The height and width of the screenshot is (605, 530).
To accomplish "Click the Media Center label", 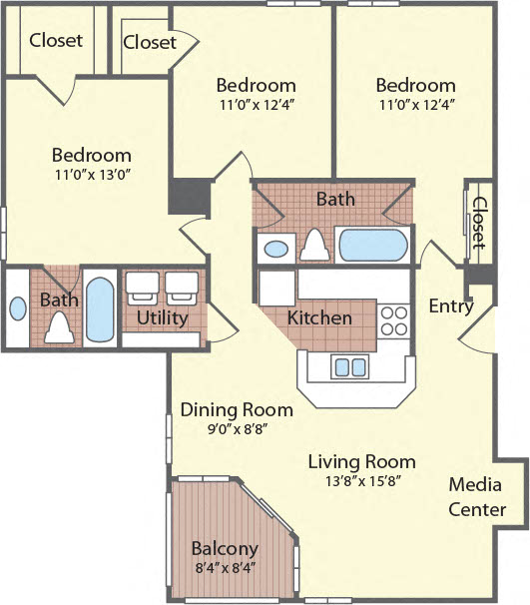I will pos(476,497).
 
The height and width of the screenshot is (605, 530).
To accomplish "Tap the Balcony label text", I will pos(225,548).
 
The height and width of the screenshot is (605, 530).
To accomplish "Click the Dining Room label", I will pos(237,409).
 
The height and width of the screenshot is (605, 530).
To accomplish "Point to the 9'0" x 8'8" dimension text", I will pos(237,428).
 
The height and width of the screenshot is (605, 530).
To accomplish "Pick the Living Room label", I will pos(361,461).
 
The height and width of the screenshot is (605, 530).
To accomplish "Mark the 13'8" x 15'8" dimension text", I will pos(361,480).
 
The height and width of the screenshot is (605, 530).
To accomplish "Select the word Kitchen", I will pos(319,318).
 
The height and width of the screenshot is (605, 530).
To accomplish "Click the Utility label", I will pos(162,318).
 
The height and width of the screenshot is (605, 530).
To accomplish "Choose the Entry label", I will pos(450,306).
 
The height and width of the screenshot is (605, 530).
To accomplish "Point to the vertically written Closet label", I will pos(479,223).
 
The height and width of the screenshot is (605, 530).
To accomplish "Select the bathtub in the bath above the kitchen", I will pos(372,245).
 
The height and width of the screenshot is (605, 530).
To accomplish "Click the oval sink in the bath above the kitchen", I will pos(274,248).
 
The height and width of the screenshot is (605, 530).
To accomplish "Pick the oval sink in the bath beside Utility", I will pos(18,308).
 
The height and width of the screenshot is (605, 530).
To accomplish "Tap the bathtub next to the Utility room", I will pos(100,308).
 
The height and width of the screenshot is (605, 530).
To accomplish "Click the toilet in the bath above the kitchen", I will pos(316,245).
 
